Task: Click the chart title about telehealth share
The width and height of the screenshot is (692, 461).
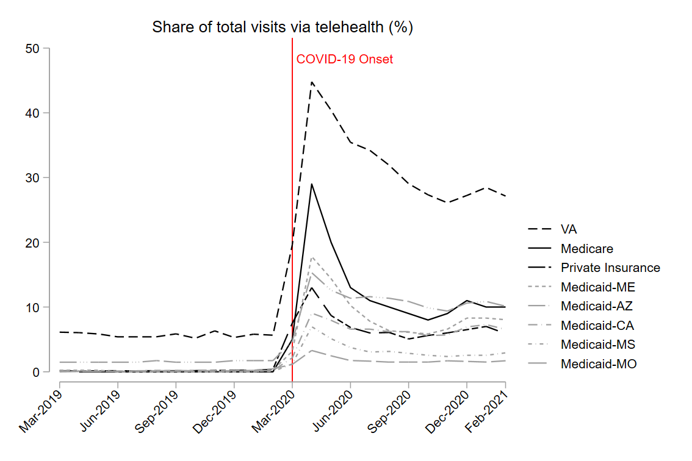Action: [x=283, y=27]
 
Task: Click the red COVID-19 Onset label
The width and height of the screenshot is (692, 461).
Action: [x=345, y=59]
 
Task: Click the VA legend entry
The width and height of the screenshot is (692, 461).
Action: [x=568, y=229]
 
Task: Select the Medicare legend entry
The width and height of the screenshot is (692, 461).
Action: [x=586, y=249]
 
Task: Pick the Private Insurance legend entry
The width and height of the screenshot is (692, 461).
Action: [x=610, y=268]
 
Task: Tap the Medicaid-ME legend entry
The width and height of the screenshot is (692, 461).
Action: [x=598, y=287]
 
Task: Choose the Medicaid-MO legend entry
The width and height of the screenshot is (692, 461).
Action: [x=599, y=364]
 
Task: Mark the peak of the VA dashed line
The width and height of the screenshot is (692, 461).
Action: [x=312, y=82]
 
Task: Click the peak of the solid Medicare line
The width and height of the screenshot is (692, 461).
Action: [x=312, y=184]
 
